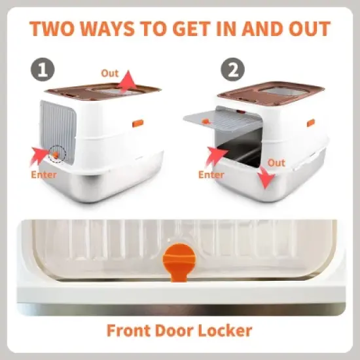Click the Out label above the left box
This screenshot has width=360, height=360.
coord(109,73)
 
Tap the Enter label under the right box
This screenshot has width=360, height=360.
coord(211,175)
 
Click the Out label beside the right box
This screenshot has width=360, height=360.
coord(276,162)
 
